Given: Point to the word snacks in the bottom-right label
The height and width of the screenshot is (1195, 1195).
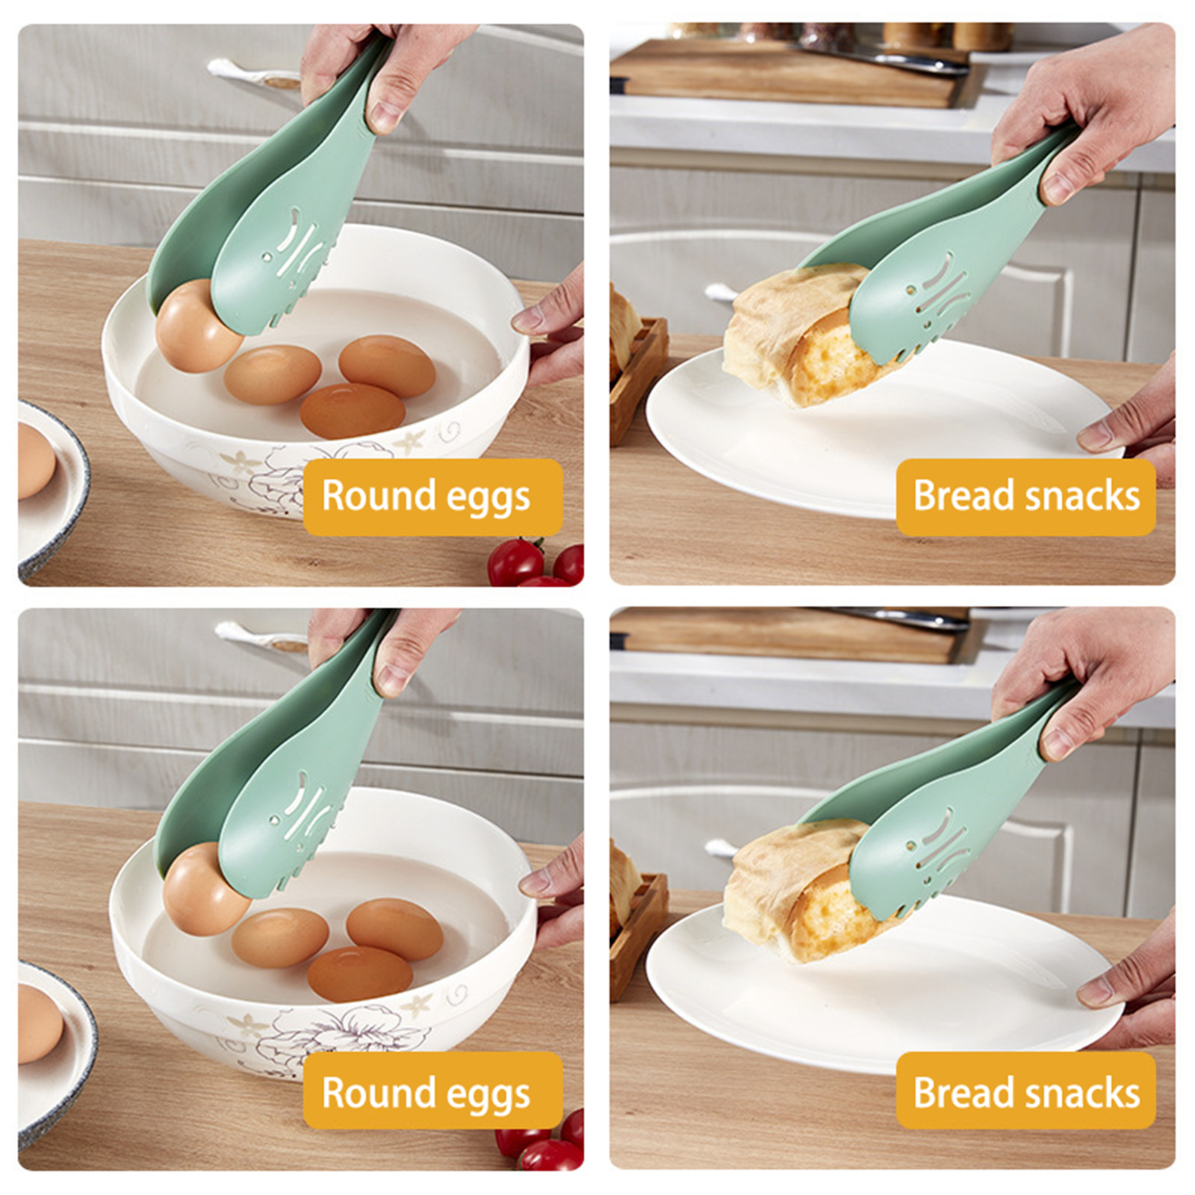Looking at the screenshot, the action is (x=1083, y=1093).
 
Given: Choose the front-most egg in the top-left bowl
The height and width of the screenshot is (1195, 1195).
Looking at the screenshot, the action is (x=353, y=410).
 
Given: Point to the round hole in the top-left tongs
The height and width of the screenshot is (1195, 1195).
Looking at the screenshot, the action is (x=267, y=258).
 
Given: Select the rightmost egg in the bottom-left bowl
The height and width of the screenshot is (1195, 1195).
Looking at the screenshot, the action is (x=394, y=929).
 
